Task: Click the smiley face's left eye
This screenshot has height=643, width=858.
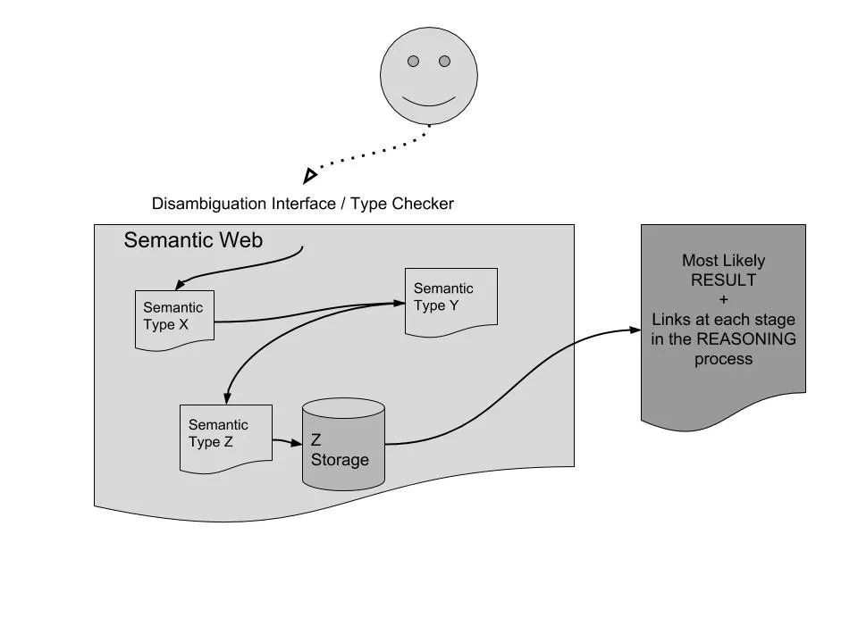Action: pyautogui.click(x=413, y=62)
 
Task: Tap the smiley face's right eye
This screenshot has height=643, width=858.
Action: pyautogui.click(x=444, y=62)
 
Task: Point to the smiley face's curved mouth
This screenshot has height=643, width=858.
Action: pyautogui.click(x=429, y=102)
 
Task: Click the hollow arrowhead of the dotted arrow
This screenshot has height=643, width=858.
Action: pyautogui.click(x=310, y=176)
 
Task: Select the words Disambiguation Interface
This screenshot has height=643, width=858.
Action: pyautogui.click(x=244, y=204)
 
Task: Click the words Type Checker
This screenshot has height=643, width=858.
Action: pyautogui.click(x=402, y=204)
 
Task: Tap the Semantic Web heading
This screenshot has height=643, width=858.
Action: pyautogui.click(x=193, y=240)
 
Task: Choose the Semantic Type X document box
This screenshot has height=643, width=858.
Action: pyautogui.click(x=174, y=320)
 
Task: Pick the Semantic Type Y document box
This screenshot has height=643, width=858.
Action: pyautogui.click(x=451, y=301)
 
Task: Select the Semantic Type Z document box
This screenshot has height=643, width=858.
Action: pyautogui.click(x=226, y=438)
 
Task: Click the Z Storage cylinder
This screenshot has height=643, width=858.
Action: pyautogui.click(x=343, y=444)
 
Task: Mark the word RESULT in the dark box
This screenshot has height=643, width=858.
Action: pyautogui.click(x=723, y=280)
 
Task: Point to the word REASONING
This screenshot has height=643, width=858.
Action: pyautogui.click(x=746, y=339)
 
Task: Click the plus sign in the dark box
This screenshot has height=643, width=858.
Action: pyautogui.click(x=723, y=300)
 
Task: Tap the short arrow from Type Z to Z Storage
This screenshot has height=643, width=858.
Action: pyautogui.click(x=287, y=441)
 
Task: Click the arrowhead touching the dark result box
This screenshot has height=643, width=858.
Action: pyautogui.click(x=635, y=330)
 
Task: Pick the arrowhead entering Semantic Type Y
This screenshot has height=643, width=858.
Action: pyautogui.click(x=399, y=303)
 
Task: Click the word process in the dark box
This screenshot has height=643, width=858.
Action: pyautogui.click(x=723, y=360)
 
